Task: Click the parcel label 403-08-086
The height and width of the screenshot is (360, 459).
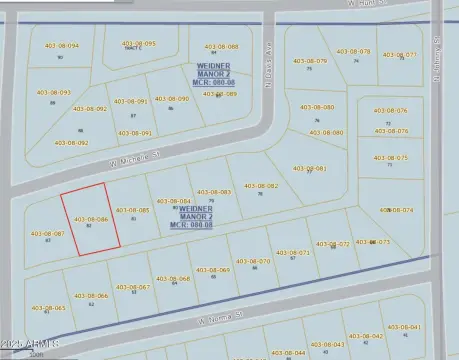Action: [91, 218]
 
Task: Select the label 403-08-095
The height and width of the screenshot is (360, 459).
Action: [139, 44]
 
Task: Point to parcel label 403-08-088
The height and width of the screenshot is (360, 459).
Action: [222, 47]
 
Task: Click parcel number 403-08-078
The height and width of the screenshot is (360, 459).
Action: [354, 52]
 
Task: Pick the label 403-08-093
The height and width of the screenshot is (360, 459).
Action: [54, 93]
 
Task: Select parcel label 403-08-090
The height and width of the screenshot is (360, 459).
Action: [172, 99]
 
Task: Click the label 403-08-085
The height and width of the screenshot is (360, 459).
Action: [133, 210]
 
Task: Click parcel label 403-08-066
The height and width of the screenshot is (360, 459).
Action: [91, 296]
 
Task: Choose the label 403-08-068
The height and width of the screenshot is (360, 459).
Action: [173, 279]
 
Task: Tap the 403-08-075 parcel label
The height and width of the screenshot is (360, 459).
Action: [390, 158]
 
